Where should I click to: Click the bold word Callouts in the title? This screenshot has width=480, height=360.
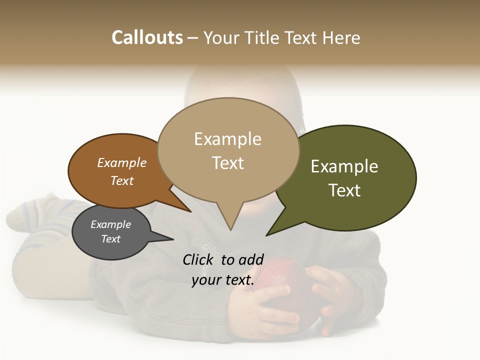(x=147, y=37)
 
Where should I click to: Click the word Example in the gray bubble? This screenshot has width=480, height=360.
(x=110, y=224)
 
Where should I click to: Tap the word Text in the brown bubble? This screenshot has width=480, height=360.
(x=122, y=180)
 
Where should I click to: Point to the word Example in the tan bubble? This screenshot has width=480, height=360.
(x=227, y=139)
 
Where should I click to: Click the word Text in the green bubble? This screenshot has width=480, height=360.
(x=344, y=190)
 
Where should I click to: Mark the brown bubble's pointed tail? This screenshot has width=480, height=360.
(x=188, y=210)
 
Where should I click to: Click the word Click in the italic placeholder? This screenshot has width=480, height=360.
(x=198, y=259)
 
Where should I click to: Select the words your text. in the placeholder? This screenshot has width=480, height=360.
(x=223, y=280)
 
